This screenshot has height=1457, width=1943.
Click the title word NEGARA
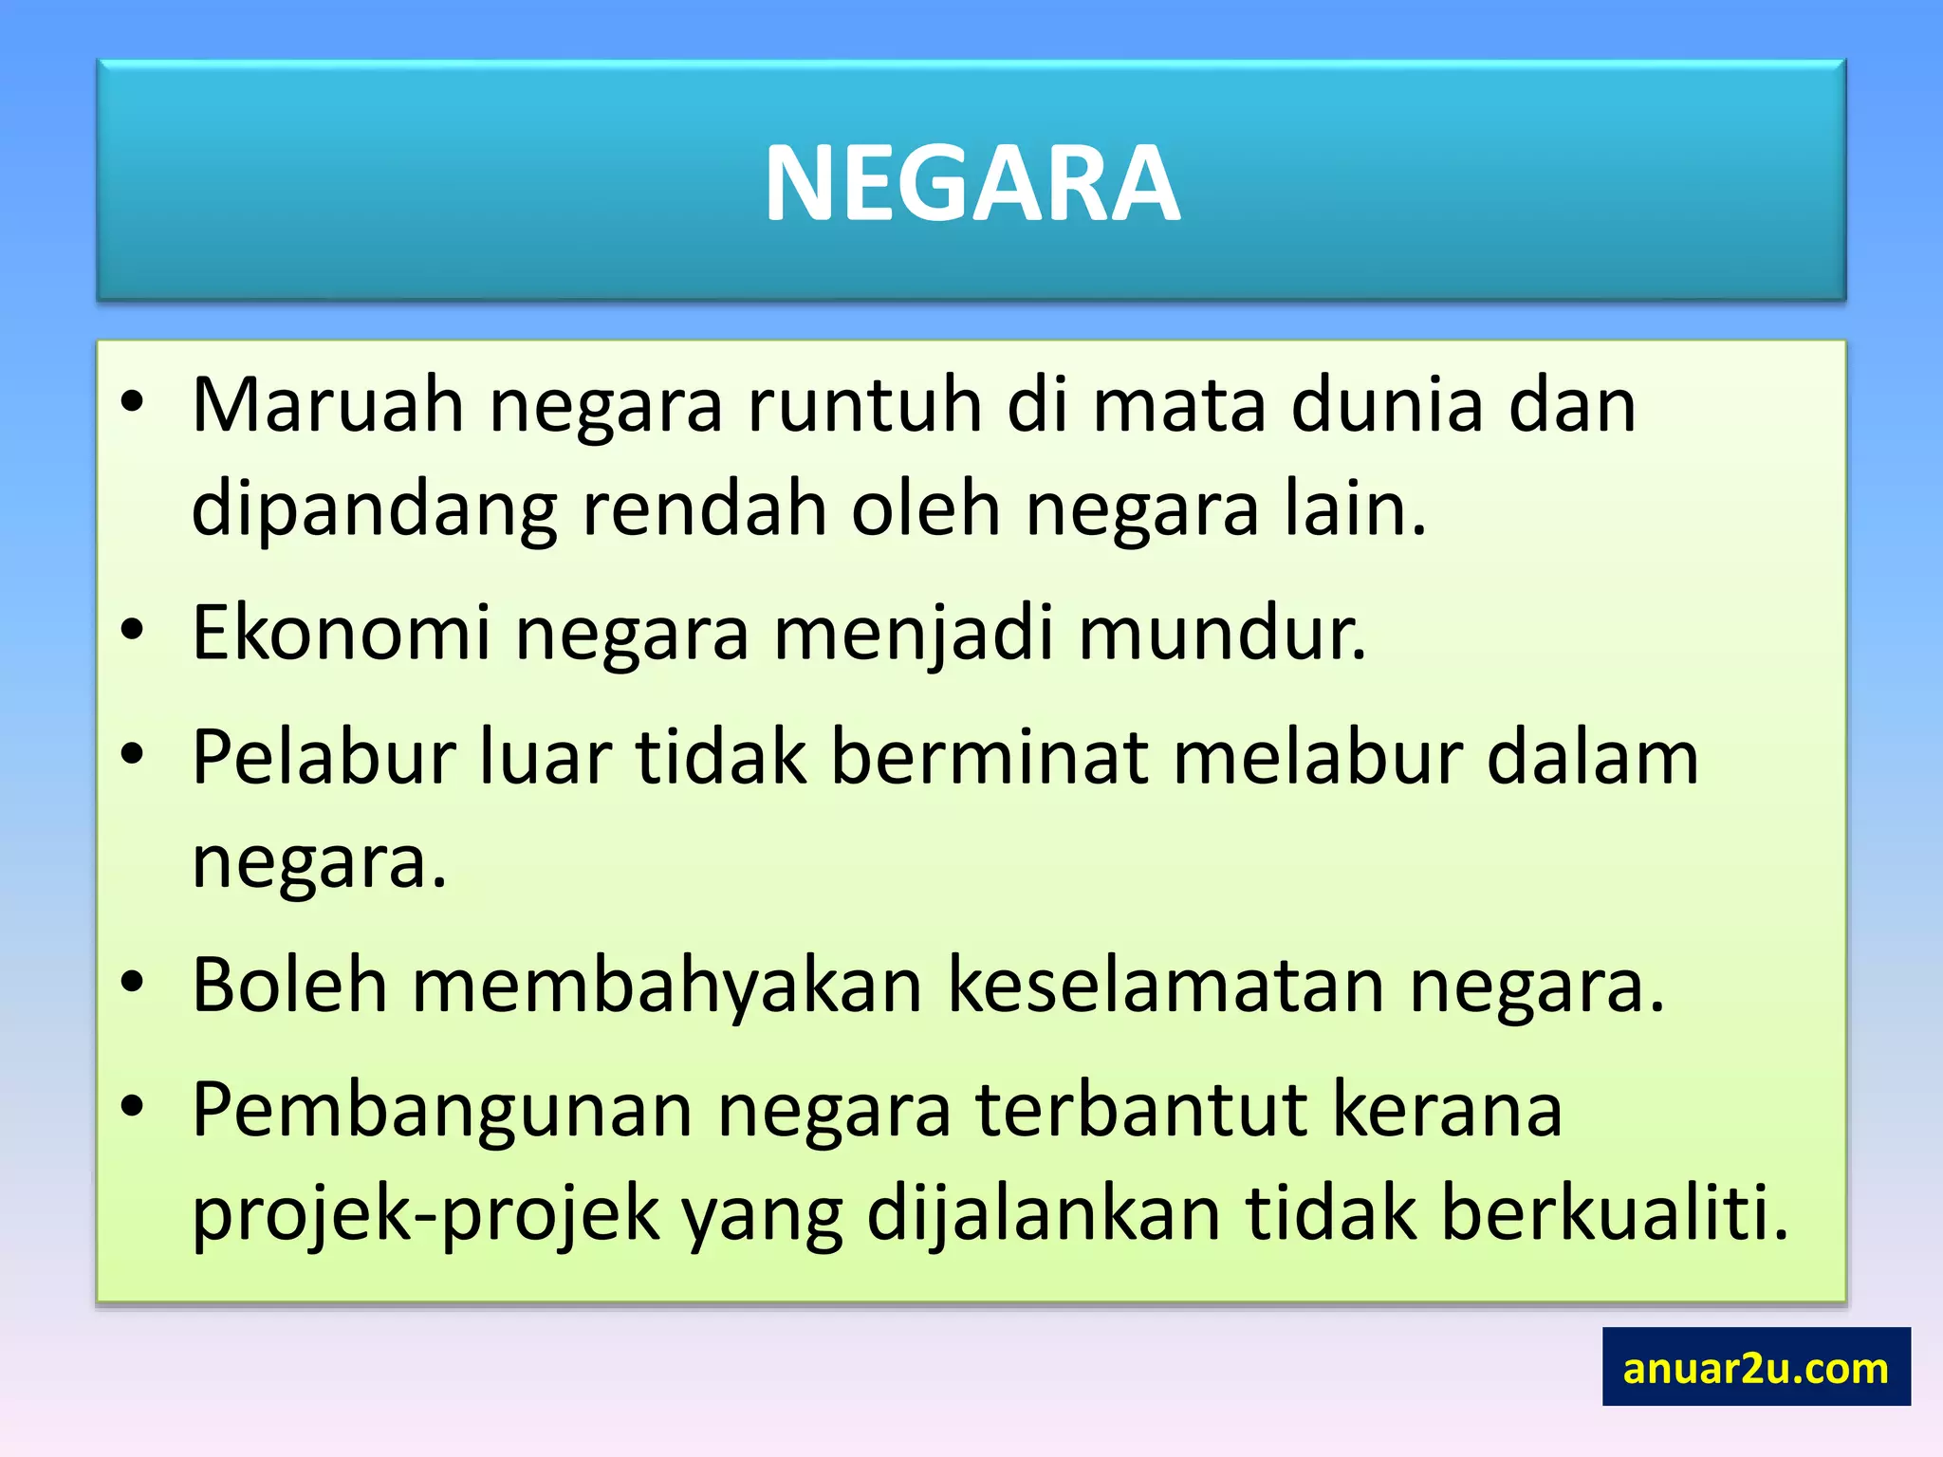971,183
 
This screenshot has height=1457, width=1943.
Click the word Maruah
328,405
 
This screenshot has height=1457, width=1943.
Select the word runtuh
864,405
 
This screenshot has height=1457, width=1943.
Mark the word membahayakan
667,986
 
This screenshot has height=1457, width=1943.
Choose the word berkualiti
1614,1213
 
